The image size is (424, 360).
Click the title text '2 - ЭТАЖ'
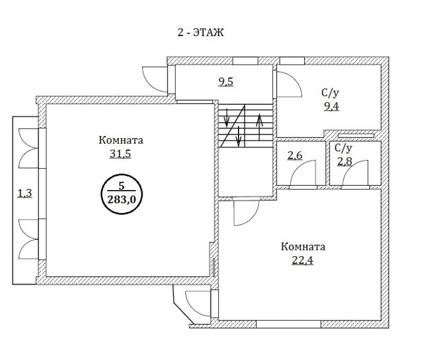pyautogui.click(x=201, y=33)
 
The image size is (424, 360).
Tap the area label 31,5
pyautogui.click(x=120, y=154)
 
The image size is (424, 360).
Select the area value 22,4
pyautogui.click(x=303, y=260)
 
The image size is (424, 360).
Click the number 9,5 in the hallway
pyautogui.click(x=226, y=82)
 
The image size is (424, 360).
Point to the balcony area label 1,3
pyautogui.click(x=24, y=193)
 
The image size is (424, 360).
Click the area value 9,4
pyautogui.click(x=332, y=106)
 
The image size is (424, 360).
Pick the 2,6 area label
pyautogui.click(x=295, y=155)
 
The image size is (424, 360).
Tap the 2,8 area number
pyautogui.click(x=345, y=161)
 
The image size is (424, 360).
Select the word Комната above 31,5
pyautogui.click(x=121, y=140)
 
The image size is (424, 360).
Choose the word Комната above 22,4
pyautogui.click(x=303, y=247)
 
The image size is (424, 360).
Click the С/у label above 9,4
pyautogui.click(x=330, y=93)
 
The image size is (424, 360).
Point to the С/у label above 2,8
pyautogui.click(x=343, y=148)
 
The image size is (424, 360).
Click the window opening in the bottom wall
pyautogui.click(x=288, y=324)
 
